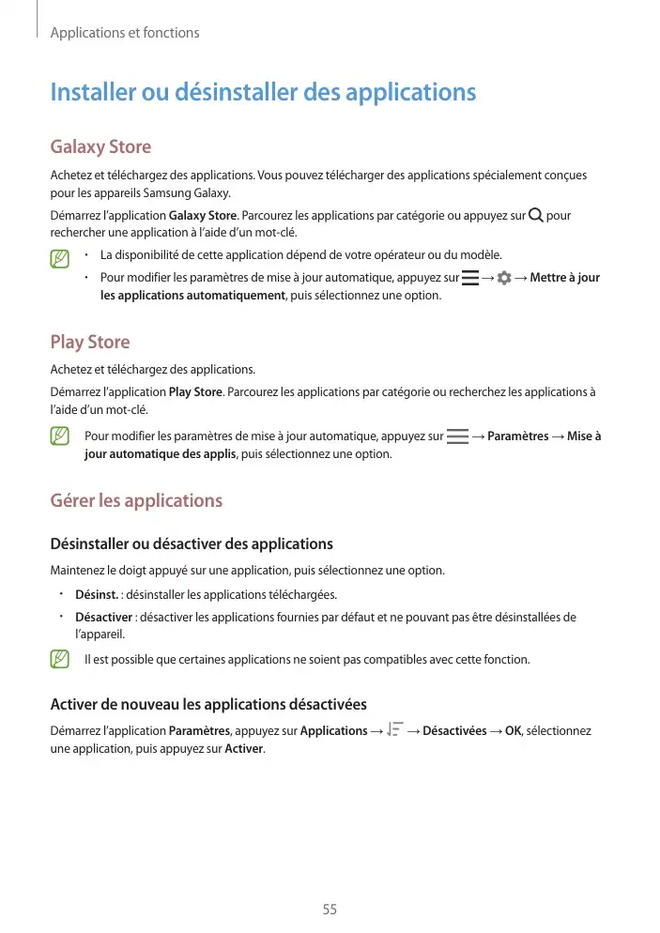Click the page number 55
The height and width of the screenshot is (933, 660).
point(330,910)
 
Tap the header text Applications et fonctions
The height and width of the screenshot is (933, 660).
point(124,33)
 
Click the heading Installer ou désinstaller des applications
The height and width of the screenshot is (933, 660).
point(263,93)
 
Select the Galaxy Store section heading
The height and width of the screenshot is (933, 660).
point(100,147)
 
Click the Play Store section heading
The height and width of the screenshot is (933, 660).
point(89,342)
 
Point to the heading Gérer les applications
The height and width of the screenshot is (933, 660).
point(136,500)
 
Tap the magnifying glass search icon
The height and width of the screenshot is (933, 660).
point(535,216)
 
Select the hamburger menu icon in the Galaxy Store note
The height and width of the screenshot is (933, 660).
point(469,278)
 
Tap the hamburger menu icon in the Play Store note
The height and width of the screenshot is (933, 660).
point(457,436)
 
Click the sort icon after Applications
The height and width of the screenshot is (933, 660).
point(394,730)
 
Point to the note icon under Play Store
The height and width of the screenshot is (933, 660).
point(61,436)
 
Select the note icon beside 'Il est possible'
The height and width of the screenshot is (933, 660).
point(61,660)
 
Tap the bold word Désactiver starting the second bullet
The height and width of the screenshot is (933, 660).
point(103,618)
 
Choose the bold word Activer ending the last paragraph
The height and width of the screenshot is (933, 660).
point(245,749)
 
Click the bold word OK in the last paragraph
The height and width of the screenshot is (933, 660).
point(513,731)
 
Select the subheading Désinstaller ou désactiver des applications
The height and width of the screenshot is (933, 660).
point(191,544)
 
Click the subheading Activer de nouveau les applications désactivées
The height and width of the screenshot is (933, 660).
point(207,705)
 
